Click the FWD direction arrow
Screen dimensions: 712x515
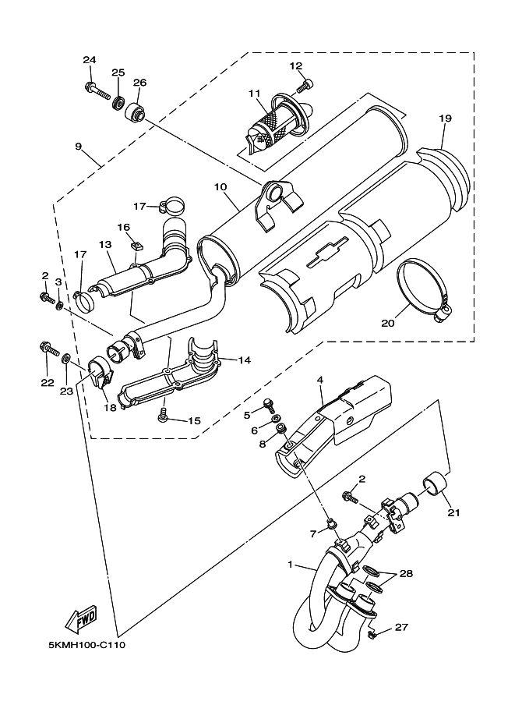[81, 619]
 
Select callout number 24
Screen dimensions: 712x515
[89, 61]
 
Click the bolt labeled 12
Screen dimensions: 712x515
[306, 83]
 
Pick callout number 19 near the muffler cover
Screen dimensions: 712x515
[445, 119]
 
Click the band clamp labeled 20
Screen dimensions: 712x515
[426, 290]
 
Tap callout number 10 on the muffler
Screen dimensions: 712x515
[220, 187]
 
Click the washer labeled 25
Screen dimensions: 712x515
[119, 101]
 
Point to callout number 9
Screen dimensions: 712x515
[79, 146]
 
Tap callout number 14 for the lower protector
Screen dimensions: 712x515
[244, 361]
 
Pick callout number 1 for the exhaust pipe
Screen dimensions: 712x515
[291, 564]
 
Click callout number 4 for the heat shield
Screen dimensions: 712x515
[319, 381]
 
